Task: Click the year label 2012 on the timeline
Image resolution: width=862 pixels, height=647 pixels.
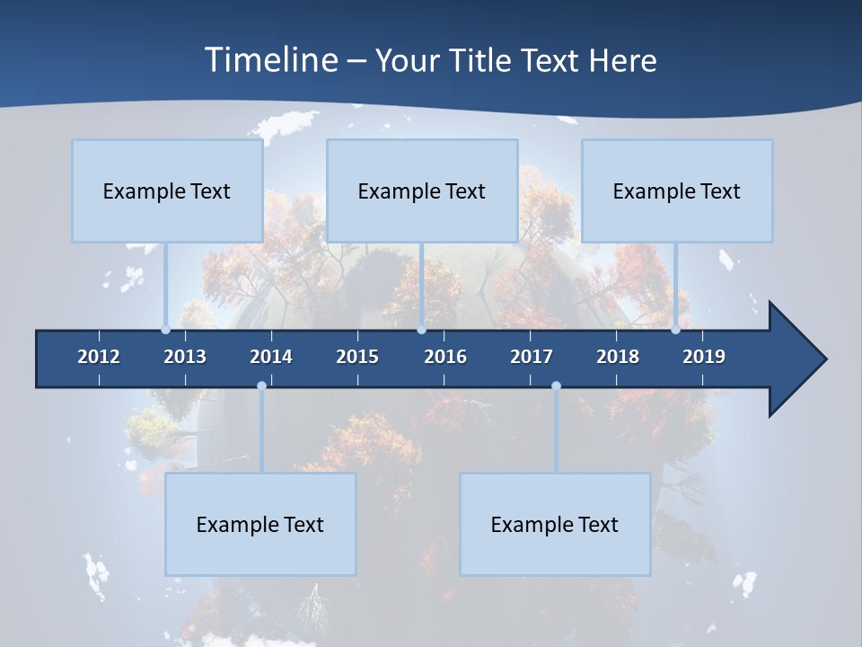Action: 99,357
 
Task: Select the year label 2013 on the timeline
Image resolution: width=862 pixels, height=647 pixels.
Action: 185,357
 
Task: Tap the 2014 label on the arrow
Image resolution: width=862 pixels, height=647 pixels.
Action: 271,357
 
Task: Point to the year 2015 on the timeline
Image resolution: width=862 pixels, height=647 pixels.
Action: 357,357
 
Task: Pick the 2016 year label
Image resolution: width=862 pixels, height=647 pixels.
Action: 445,357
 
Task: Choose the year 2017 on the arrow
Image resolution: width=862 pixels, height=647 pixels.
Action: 532,357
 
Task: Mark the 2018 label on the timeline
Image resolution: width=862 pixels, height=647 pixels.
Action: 618,357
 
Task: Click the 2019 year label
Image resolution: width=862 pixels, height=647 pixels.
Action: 704,357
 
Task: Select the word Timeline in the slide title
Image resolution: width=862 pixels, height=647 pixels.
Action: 270,60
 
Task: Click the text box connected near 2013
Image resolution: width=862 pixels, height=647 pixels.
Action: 167,191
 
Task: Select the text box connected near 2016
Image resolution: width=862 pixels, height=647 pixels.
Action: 422,191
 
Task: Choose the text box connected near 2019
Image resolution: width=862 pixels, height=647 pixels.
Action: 677,191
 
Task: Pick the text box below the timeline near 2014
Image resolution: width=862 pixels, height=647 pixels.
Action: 260,525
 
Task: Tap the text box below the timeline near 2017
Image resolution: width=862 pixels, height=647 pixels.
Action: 555,525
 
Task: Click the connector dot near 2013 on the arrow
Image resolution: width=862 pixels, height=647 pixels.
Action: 165,330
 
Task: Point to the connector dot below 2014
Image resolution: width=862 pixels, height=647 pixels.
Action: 261,386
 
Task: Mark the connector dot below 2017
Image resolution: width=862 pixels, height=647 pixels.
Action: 556,386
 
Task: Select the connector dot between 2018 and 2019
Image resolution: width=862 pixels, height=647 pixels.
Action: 675,330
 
